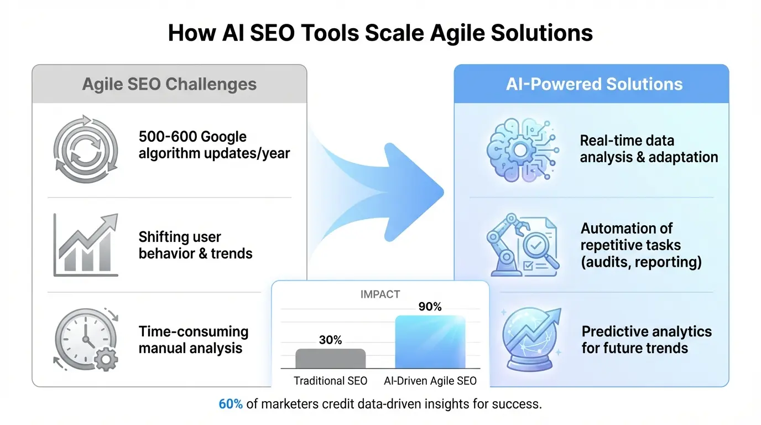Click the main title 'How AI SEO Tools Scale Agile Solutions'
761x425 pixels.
coord(380,33)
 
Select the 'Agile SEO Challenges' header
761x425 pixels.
coord(169,84)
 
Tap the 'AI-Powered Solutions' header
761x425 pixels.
coord(594,84)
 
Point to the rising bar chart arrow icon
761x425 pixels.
coord(86,245)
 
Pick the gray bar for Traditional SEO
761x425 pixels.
coord(331,358)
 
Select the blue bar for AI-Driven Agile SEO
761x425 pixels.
coord(430,341)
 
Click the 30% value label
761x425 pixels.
coord(331,340)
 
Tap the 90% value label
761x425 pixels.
coord(430,307)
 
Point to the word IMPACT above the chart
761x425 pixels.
coord(380,294)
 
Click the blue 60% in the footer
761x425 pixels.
coord(231,404)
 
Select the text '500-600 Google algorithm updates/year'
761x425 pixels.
coord(214,145)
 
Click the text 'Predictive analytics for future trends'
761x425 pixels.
coord(647,340)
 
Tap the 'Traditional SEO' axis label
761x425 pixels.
coord(330,381)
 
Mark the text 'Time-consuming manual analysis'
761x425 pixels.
coord(193,340)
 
